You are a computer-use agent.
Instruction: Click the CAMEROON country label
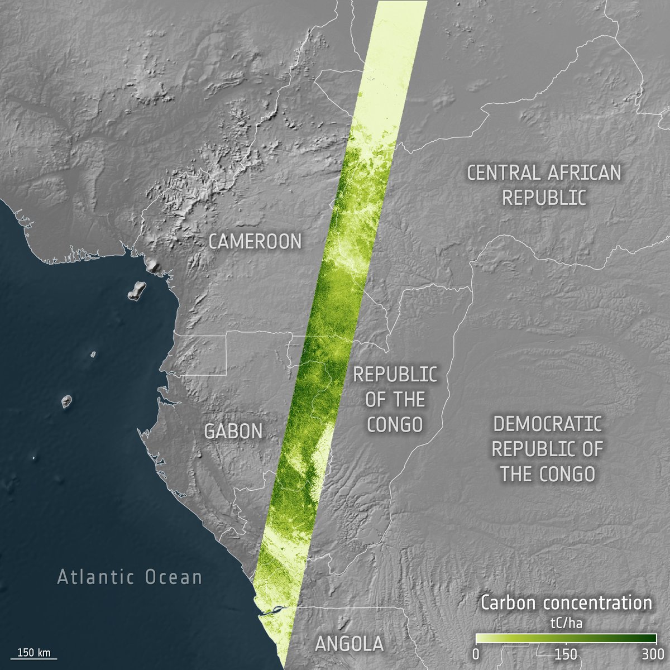255,241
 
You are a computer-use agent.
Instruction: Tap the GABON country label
233,431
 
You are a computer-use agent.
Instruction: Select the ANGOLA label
349,644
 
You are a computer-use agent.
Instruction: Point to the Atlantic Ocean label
130,577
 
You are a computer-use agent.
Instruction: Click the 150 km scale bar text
33,652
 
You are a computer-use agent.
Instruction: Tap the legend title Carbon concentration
566,603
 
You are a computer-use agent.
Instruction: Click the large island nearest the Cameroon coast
136,291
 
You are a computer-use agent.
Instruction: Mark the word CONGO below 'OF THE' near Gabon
395,424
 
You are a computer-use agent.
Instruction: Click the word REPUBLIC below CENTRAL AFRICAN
543,197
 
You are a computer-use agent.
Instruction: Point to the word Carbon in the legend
509,603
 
